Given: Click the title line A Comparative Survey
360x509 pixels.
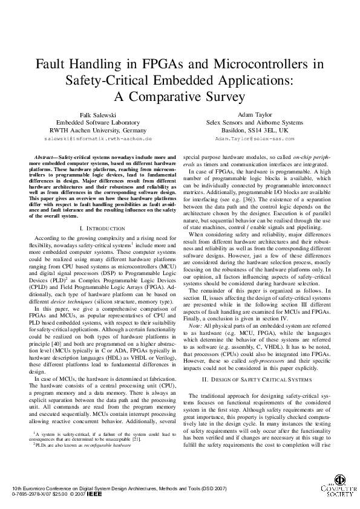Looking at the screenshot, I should click(x=180, y=96).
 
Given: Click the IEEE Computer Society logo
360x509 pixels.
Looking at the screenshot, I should click(x=340, y=484).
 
